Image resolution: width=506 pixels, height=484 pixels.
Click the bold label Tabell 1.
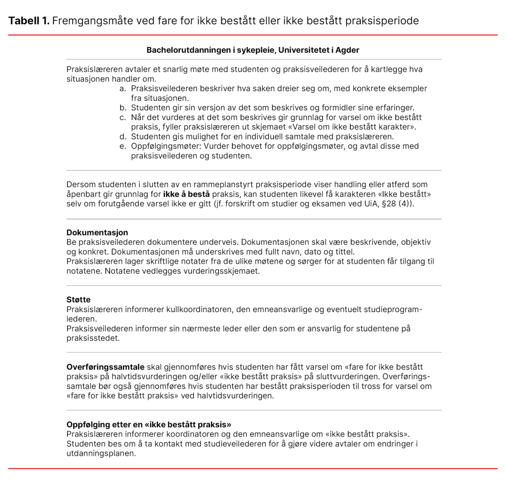28,21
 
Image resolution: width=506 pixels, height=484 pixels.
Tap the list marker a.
123,88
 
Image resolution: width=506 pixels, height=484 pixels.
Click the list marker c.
123,117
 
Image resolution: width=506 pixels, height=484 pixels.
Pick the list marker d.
123,136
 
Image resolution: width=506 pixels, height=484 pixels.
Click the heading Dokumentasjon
97,232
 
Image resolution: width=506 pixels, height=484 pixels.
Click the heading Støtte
79,300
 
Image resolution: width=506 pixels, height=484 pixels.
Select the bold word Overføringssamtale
105,367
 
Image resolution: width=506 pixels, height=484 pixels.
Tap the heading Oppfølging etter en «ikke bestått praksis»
149,424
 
